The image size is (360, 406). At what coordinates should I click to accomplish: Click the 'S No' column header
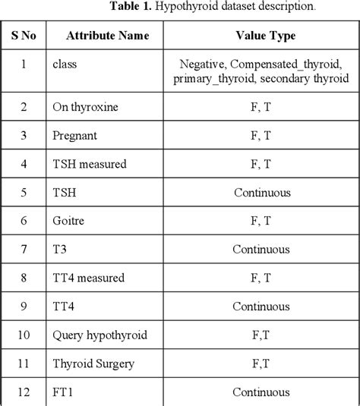24,35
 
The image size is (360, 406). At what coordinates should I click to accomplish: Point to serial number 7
24,249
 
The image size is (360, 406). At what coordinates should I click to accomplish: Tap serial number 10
24,335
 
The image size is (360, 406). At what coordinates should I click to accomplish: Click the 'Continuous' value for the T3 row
261,249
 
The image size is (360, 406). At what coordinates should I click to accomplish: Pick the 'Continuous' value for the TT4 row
261,307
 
